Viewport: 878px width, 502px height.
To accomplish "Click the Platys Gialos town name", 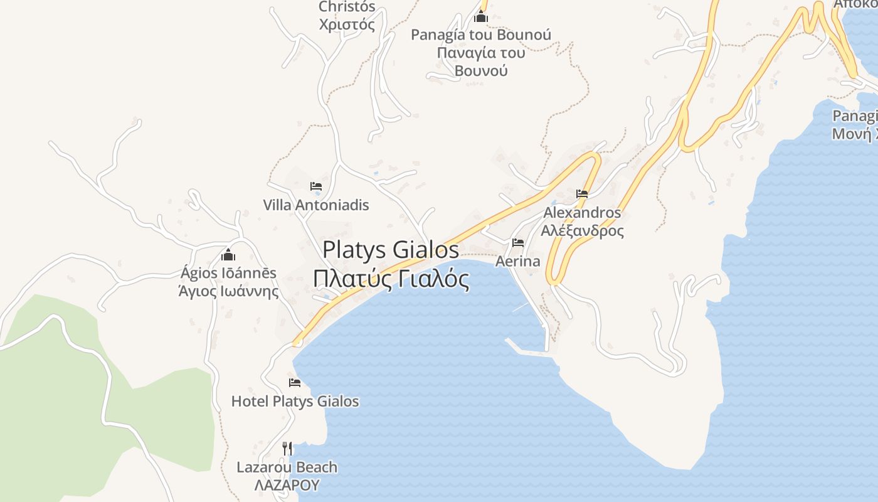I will pos(391,250).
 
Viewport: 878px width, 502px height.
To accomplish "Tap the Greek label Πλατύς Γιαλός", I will pos(391,279).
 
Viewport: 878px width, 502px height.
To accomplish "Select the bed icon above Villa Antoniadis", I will pos(316,186).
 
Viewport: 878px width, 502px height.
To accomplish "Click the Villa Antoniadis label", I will pos(316,205).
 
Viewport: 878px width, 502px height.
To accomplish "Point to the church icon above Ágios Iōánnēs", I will pos(228,255).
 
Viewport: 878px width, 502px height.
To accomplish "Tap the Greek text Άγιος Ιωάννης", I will pos(228,291).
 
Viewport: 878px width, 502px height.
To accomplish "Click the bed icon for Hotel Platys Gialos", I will pos(295,383).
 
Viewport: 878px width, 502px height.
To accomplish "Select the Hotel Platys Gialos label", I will pos(295,402).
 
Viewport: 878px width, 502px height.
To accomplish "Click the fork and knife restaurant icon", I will pos(287,448).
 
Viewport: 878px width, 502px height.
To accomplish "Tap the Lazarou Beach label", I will pos(287,467).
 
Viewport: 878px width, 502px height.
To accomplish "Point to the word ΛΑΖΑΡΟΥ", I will pos(287,485).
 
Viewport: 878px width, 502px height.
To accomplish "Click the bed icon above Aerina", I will pos(518,243).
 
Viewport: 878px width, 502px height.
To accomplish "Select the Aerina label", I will pos(518,261).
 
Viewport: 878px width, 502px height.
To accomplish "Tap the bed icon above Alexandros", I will pos(582,194).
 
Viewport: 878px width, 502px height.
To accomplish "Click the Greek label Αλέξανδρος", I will pos(583,230).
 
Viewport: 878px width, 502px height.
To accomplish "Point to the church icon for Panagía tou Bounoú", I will pos(481,16).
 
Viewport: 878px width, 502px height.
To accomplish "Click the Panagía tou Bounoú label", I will pos(481,35).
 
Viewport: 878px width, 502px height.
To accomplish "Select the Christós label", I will pos(347,7).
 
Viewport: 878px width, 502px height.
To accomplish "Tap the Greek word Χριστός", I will pos(347,25).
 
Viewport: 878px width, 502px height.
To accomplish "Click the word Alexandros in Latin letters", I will pos(582,213).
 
